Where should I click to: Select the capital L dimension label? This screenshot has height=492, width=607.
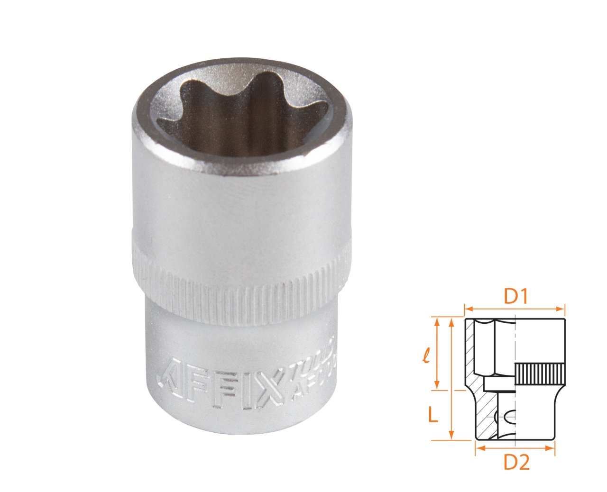tap(432, 415)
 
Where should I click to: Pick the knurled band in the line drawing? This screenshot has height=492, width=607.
tap(540, 374)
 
